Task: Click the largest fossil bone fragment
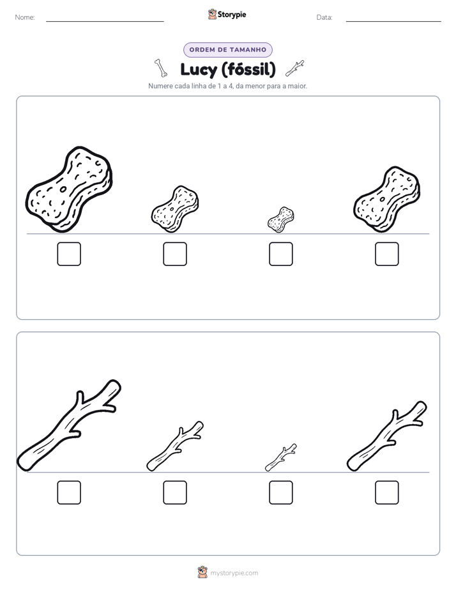click(69, 189)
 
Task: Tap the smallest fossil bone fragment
click(281, 219)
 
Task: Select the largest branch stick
click(69, 425)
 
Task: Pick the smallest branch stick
click(281, 457)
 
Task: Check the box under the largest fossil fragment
click(69, 254)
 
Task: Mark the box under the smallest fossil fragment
click(281, 254)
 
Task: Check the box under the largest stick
click(69, 492)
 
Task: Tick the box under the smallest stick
click(281, 492)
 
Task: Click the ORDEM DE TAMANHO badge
click(228, 50)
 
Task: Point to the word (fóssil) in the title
click(248, 70)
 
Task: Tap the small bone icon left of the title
click(161, 68)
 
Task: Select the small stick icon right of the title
click(294, 68)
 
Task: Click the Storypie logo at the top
click(227, 15)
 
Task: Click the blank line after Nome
click(105, 21)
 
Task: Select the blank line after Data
click(393, 21)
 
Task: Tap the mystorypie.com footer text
click(234, 573)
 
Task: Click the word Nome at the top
click(25, 17)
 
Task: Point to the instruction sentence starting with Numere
click(227, 86)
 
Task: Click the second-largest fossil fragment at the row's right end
click(387, 199)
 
